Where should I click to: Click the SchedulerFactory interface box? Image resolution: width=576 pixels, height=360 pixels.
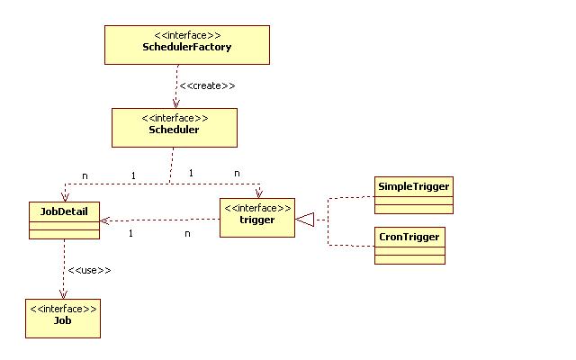tap(187, 45)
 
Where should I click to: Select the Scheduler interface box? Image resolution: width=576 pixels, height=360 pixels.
tap(175, 128)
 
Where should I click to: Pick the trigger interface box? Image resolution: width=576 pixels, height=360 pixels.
tap(257, 218)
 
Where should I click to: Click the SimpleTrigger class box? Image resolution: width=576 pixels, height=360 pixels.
tap(413, 195)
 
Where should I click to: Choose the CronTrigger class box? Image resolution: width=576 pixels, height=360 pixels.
tap(409, 245)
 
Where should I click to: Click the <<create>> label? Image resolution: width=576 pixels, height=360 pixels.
tap(207, 85)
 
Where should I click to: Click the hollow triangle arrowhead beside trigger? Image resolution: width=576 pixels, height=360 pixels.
tap(305, 218)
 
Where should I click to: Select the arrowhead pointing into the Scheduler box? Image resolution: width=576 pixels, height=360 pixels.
tap(175, 104)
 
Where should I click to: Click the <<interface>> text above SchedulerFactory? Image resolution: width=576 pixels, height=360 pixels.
tap(187, 35)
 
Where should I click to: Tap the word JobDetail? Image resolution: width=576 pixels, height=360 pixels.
tap(65, 211)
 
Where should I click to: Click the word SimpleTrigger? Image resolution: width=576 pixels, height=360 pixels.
tap(413, 185)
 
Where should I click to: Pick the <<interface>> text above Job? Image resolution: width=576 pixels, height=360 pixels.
tap(63, 309)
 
